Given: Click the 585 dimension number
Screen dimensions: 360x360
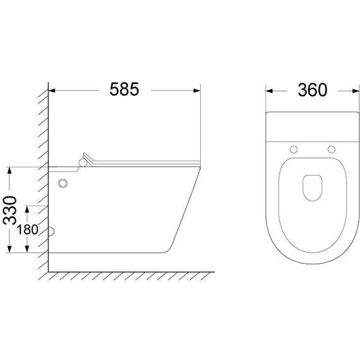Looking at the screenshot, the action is coord(124,89).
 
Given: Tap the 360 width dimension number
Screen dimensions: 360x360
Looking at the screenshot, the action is coord(313,90).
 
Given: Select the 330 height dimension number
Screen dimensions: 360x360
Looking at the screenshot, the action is coord(10,210).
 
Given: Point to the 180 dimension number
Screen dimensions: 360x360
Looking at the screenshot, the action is coord(27,230).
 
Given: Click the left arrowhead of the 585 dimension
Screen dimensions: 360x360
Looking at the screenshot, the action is coord(52,91).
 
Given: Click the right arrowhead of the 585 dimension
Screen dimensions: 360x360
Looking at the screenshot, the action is coord(197,91).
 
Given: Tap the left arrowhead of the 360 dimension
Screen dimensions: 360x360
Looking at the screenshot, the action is coord(269,91).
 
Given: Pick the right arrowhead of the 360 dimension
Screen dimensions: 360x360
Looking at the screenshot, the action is coord(356,91).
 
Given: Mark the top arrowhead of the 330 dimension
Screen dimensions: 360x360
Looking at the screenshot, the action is coord(9,171).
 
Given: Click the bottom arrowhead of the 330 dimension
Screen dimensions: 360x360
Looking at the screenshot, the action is coord(9,249).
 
